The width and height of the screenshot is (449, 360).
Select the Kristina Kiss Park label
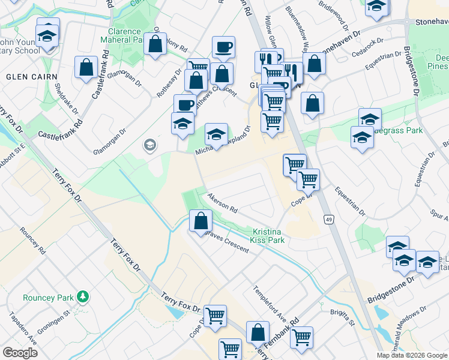pyautogui.click(x=268, y=236)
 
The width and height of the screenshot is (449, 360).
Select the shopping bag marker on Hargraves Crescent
pyautogui.click(x=200, y=221)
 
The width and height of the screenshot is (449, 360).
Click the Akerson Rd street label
pyautogui.click(x=223, y=205)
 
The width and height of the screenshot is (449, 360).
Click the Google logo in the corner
pyautogui.click(x=20, y=353)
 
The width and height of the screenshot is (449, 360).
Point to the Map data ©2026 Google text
pyautogui.click(x=412, y=355)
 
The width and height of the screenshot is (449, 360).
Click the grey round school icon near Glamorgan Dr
pyautogui.click(x=149, y=145)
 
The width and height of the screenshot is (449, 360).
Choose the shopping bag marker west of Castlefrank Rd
pyautogui.click(x=86, y=67)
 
